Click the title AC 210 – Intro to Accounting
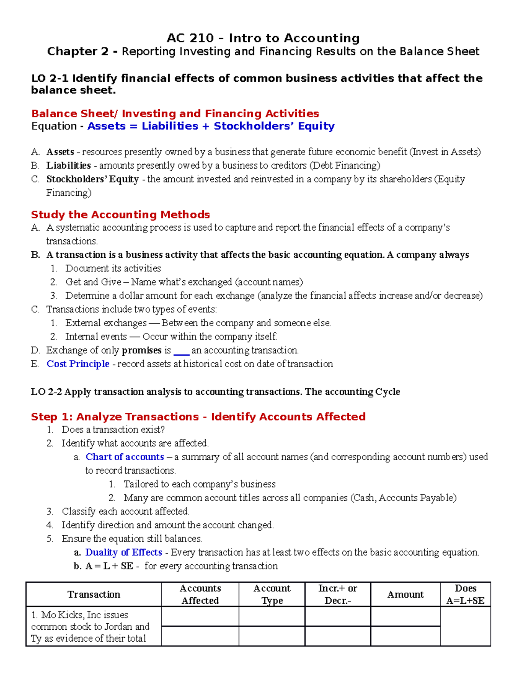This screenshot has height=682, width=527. (x=263, y=38)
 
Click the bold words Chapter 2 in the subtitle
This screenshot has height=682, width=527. (x=78, y=52)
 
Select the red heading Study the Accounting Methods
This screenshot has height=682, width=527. (x=120, y=215)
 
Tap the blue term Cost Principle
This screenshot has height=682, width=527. (x=78, y=364)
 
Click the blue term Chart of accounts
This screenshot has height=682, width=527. (x=125, y=457)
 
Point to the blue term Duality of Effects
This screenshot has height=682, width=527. (x=123, y=552)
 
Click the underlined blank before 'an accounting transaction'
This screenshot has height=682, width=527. (x=181, y=351)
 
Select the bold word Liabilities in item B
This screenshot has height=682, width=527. (x=69, y=166)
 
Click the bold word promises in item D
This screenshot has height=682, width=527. (x=141, y=350)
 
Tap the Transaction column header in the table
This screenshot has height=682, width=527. (x=94, y=595)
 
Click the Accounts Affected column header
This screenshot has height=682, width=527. (x=200, y=595)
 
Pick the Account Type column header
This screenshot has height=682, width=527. (x=272, y=595)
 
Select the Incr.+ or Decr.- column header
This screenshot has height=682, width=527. (x=338, y=595)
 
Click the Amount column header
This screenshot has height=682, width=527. (x=405, y=595)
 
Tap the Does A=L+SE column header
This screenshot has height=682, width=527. (x=466, y=595)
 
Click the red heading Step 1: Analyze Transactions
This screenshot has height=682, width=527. (x=198, y=417)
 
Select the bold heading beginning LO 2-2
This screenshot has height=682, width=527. (x=215, y=392)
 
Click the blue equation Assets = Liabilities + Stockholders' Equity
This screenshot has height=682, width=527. (x=211, y=126)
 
